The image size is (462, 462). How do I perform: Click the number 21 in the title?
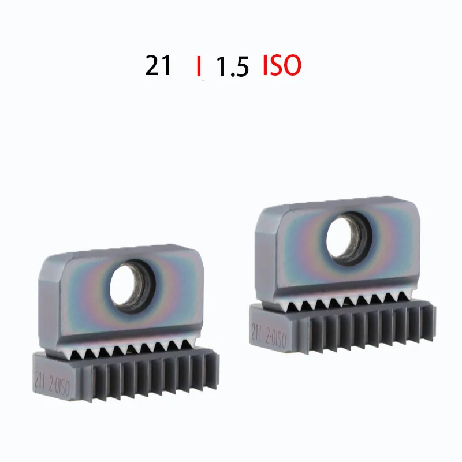(x=158, y=66)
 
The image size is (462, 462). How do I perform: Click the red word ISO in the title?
(x=282, y=66)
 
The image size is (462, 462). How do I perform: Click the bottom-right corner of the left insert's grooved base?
(x=219, y=391)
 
